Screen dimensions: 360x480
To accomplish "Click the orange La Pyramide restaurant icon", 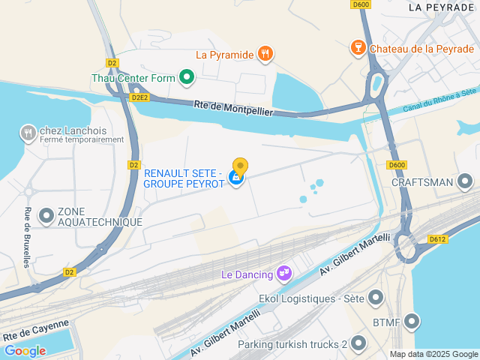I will [x=264, y=54].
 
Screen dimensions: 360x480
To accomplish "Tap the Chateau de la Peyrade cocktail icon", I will [x=358, y=49].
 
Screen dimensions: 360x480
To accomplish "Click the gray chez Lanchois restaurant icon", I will [x=28, y=133].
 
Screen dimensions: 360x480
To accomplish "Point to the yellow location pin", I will [x=240, y=167].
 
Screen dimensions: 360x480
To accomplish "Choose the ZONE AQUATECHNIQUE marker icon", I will [x=46, y=217].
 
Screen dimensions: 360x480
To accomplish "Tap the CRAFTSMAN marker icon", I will [x=465, y=181].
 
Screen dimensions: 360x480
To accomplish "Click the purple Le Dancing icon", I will [x=284, y=274].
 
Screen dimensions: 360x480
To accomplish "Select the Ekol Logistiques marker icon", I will [x=375, y=298].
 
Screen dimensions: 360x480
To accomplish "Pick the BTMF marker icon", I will [x=411, y=322].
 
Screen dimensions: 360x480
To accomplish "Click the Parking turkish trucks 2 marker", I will [x=358, y=344].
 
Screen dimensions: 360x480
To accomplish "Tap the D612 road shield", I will [x=438, y=239].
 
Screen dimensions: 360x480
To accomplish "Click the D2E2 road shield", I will [x=139, y=97].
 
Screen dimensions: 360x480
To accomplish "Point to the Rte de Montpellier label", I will [x=232, y=108].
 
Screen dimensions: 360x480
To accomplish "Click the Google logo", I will [x=25, y=350].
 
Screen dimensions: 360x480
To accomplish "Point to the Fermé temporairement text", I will [x=82, y=139].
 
